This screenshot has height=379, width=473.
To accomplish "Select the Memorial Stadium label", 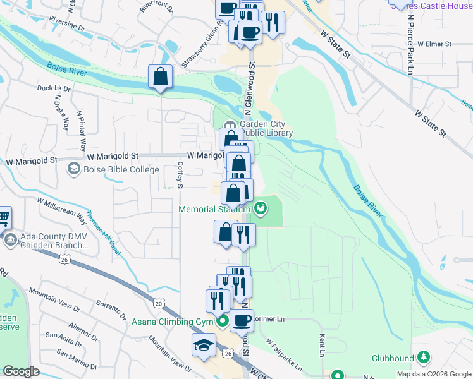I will [215, 209].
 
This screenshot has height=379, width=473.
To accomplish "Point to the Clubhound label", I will [392, 358].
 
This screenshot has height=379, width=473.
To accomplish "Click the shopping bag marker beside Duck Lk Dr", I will [161, 77].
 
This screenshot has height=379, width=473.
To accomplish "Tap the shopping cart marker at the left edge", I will [3, 218].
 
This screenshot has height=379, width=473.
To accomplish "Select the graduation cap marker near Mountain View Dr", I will [204, 345].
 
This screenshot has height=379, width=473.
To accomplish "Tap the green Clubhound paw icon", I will [422, 358].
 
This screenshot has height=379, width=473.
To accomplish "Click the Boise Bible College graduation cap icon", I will [74, 169].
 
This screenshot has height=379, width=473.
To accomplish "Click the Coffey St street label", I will [180, 176].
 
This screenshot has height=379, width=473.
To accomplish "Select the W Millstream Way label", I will [62, 210].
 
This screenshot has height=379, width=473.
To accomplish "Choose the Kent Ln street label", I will [322, 345].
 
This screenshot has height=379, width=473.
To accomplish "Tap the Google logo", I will [21, 371].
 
